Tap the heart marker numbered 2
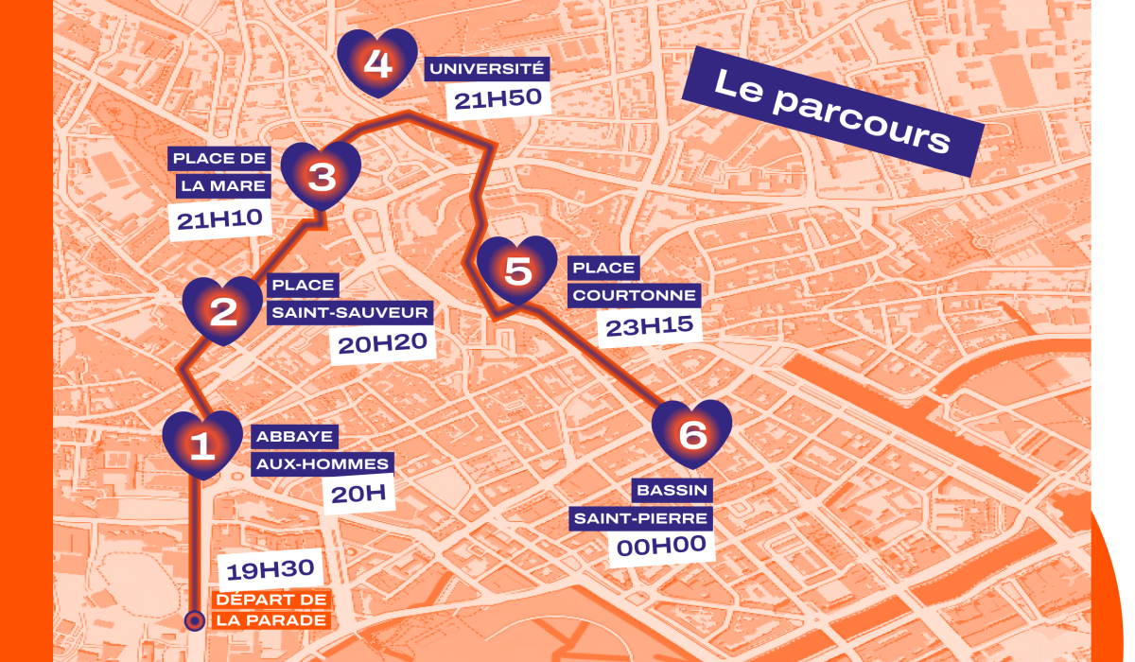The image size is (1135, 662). pos(222,309)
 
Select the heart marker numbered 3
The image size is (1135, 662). pos(322,175)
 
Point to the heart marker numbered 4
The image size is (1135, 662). pos(377,62)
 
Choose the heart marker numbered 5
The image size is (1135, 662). pos(517,270)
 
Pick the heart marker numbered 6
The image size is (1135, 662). pos(692,434)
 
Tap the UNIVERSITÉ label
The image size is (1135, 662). pos(487,68)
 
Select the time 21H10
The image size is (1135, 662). pos(218,220)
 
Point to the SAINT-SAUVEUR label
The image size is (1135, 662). pos(350,312)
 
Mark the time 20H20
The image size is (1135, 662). pos(382,343)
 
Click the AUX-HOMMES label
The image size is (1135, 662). pos(322,463)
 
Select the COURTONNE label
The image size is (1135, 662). pos(635,295)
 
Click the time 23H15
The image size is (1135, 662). pos(648,326)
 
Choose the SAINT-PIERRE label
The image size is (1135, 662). pos(639,518)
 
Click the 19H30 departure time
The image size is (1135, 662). pos(271,570)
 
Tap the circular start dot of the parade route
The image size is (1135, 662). pos(194,620)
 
